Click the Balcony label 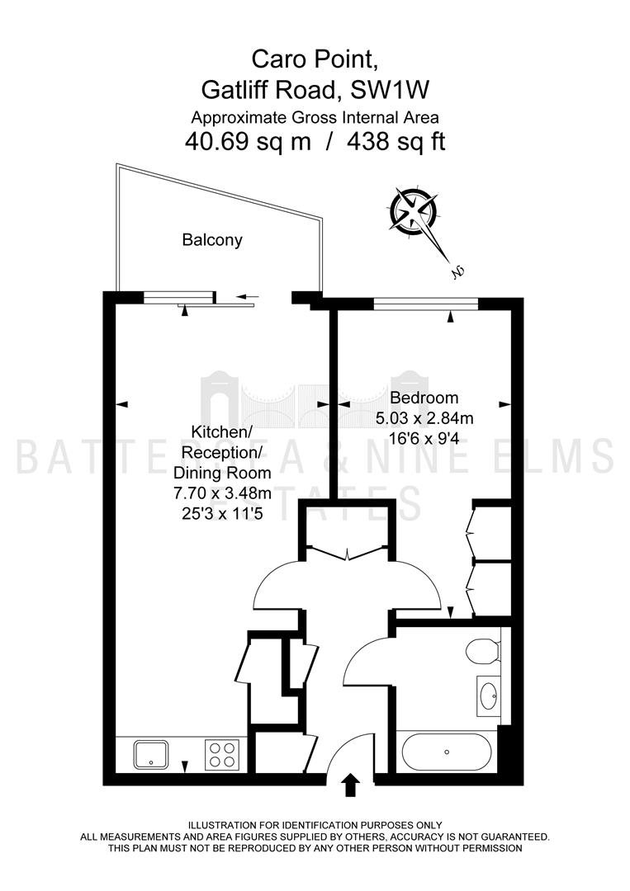pyautogui.click(x=212, y=240)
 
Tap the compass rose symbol pyautogui.click(x=414, y=213)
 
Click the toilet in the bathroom pyautogui.click(x=483, y=651)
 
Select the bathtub pyautogui.click(x=447, y=752)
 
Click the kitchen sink pyautogui.click(x=150, y=755)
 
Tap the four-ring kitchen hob pyautogui.click(x=222, y=754)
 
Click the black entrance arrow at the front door pyautogui.click(x=351, y=785)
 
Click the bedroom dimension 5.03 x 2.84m pyautogui.click(x=424, y=419)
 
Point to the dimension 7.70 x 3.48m pyautogui.click(x=222, y=493)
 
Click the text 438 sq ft pyautogui.click(x=396, y=141)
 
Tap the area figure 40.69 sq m pyautogui.click(x=248, y=141)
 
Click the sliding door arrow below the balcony pyautogui.click(x=248, y=296)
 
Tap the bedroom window pyautogui.click(x=426, y=304)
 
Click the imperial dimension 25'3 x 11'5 pyautogui.click(x=222, y=514)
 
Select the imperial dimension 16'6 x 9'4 pyautogui.click(x=424, y=439)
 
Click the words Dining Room pyautogui.click(x=222, y=473)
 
